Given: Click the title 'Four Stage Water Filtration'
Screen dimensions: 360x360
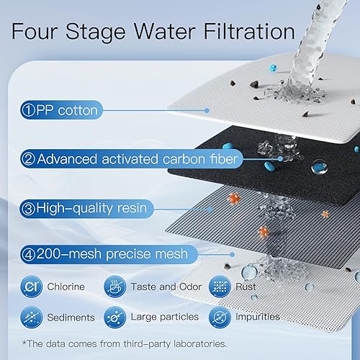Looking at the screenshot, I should [x=153, y=32].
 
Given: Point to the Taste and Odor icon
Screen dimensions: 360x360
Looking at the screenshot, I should [x=114, y=287].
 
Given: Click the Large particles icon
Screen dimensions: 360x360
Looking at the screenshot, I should [x=114, y=317].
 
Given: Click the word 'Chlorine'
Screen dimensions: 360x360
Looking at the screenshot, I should [x=66, y=287].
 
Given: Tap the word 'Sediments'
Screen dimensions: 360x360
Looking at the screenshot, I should [x=71, y=318].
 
